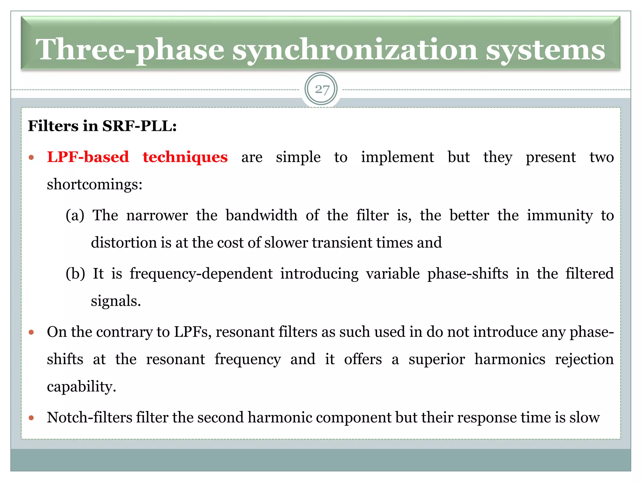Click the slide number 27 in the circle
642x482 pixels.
pyautogui.click(x=322, y=89)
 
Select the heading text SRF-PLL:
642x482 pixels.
pyautogui.click(x=139, y=126)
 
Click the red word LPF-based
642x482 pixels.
pyautogui.click(x=88, y=157)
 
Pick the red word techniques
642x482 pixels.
pyautogui.click(x=185, y=157)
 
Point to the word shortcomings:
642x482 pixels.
pyautogui.click(x=95, y=184)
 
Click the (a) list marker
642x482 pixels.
pyautogui.click(x=75, y=215)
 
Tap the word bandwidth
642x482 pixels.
pyautogui.click(x=261, y=215)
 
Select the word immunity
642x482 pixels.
pyautogui.click(x=560, y=215)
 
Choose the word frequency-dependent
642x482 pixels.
pyautogui.click(x=201, y=274)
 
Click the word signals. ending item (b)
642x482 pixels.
pyautogui.click(x=116, y=301)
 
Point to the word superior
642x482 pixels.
pyautogui.click(x=437, y=359)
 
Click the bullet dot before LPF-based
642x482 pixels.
pyautogui.click(x=31, y=158)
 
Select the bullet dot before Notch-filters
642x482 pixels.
pyautogui.click(x=31, y=418)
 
